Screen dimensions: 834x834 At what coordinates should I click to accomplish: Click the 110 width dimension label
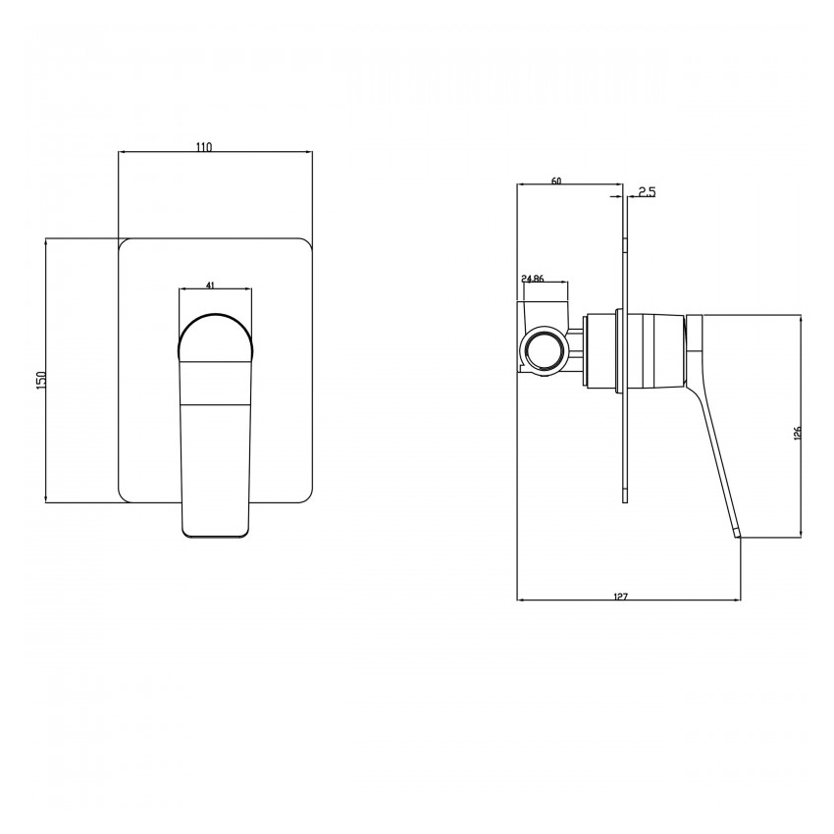203,147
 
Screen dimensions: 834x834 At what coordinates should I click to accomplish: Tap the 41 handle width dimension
211,285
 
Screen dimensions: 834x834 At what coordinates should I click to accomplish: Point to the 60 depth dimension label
556,181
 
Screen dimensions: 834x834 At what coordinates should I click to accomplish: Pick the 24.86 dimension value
534,279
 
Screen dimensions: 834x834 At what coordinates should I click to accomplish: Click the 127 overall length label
620,596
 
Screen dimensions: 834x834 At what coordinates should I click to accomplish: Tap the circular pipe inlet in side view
542,350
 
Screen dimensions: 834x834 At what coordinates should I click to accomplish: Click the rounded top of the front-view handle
216,324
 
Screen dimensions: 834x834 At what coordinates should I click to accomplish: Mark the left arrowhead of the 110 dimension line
122,153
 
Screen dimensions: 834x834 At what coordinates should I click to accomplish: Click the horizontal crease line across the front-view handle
216,403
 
